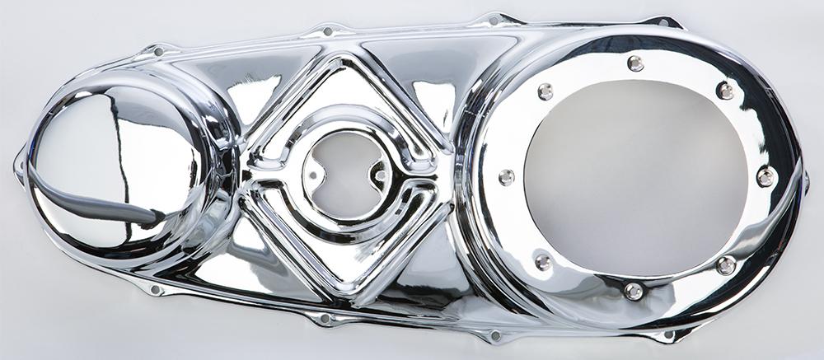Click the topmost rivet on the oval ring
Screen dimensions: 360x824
coord(635,63)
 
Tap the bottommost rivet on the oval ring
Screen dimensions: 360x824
coord(633,291)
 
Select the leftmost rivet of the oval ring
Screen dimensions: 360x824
coord(506,176)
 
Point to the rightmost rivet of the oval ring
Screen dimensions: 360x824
coord(765,175)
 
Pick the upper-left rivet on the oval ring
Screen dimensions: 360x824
coord(545,91)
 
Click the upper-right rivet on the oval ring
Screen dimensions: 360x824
coord(725,90)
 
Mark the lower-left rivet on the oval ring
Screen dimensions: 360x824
coord(543,262)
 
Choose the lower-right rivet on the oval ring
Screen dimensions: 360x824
coord(726,265)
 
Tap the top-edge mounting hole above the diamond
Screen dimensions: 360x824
coord(327,32)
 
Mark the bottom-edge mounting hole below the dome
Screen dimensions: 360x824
coord(155,289)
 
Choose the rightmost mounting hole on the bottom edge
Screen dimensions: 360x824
coord(668,335)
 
